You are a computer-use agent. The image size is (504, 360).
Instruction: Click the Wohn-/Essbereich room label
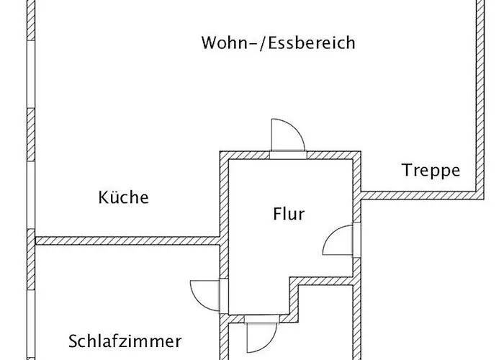(x=279, y=42)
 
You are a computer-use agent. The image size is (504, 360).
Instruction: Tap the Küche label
(x=123, y=197)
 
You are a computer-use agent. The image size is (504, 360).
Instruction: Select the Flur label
(x=289, y=214)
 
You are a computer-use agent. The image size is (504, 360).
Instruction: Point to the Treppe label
(x=431, y=171)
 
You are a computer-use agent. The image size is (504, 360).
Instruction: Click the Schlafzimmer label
(x=125, y=341)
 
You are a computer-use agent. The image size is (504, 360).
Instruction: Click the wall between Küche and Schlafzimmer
(x=127, y=240)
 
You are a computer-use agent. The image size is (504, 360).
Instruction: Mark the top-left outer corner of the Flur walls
(x=220, y=151)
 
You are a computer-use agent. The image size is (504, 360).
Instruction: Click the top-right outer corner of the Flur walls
(x=361, y=151)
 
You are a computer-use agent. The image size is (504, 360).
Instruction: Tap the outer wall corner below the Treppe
(x=484, y=199)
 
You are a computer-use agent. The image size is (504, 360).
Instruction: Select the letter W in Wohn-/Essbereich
(x=210, y=42)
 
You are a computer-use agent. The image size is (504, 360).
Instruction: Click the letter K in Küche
(x=104, y=197)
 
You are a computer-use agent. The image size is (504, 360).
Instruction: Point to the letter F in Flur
(x=277, y=214)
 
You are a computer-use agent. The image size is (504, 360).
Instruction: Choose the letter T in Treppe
(x=408, y=170)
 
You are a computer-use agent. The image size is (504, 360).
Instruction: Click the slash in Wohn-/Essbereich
(x=263, y=43)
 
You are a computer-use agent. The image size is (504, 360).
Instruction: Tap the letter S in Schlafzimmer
(x=73, y=341)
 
